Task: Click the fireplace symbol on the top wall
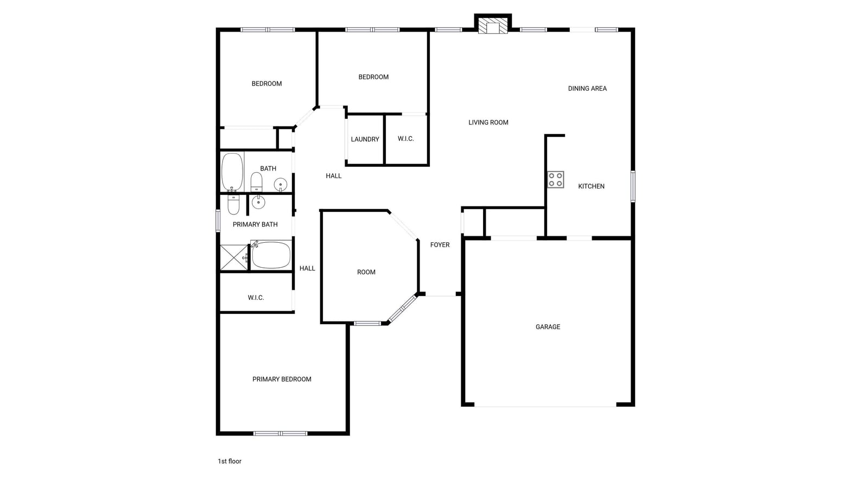[x=493, y=26]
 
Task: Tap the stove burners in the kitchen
[x=555, y=179]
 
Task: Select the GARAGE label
[x=548, y=326]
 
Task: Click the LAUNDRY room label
[x=365, y=139]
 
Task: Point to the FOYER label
[x=440, y=245]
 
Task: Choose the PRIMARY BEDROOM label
[x=282, y=379]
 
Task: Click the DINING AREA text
[x=587, y=88]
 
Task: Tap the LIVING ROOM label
[x=488, y=122]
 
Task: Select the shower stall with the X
[x=234, y=258]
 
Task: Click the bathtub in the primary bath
[x=271, y=255]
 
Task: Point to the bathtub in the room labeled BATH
[x=232, y=172]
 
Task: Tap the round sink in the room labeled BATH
[x=281, y=185]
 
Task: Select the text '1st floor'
[x=230, y=461]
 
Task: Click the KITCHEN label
[x=591, y=186]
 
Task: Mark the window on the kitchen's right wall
[x=633, y=186]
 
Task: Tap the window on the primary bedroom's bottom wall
[x=281, y=433]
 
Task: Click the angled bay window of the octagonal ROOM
[x=403, y=308]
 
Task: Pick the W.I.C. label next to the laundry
[x=406, y=139]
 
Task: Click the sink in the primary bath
[x=258, y=202]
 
